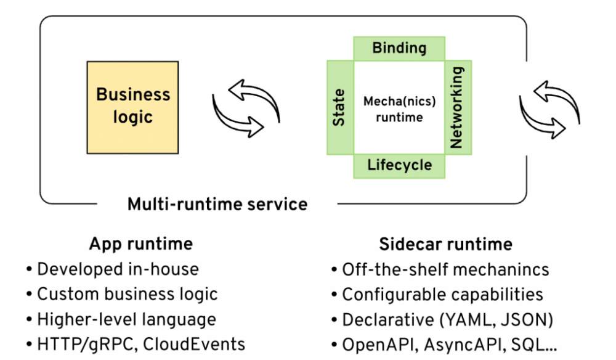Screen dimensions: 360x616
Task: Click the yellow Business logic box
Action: coord(132,107)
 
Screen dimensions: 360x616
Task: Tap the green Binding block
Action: coord(399,48)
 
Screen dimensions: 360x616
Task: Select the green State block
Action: coord(339,107)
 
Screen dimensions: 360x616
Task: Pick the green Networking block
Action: coord(457,107)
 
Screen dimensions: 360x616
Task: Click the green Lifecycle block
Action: coord(399,165)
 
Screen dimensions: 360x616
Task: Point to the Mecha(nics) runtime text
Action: coord(399,108)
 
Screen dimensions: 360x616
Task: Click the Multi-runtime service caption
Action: coord(217,203)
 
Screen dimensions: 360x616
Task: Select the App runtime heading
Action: coord(140,243)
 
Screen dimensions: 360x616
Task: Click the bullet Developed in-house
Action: coord(118,269)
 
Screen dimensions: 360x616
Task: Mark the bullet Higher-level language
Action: coord(126,319)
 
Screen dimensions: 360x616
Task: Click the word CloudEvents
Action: coord(193,344)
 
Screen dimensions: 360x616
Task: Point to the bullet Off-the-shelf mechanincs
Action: coord(445,269)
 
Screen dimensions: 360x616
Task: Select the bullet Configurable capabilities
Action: coord(442,294)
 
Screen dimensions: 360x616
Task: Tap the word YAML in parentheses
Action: coord(461,319)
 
